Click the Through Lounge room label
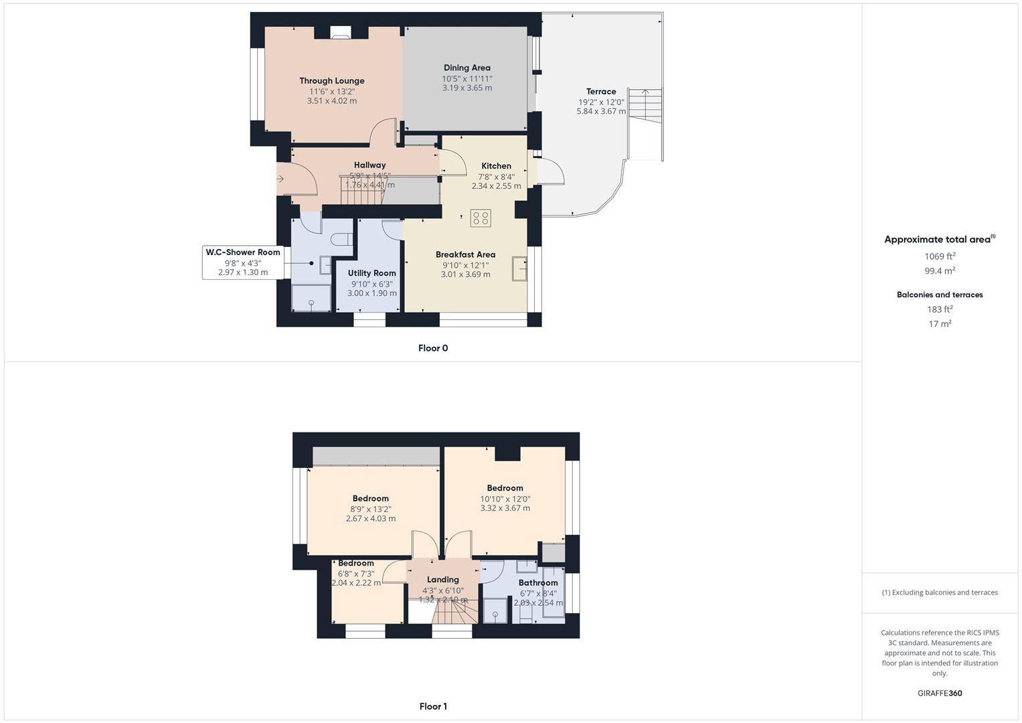click(332, 81)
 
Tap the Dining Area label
click(466, 68)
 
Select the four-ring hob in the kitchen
click(481, 218)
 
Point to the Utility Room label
click(371, 273)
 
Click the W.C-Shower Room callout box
click(242, 262)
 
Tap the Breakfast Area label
click(465, 254)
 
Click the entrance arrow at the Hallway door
click(280, 179)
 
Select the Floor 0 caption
click(433, 348)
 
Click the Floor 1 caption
click(433, 706)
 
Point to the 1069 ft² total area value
click(940, 256)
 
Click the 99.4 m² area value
click(940, 271)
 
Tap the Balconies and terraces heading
click(940, 295)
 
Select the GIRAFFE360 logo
click(940, 694)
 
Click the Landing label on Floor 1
click(443, 580)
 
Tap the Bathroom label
click(538, 583)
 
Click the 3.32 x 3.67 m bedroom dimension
click(505, 508)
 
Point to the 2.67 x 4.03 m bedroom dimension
click(371, 519)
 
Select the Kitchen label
click(496, 166)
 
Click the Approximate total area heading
click(938, 240)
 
